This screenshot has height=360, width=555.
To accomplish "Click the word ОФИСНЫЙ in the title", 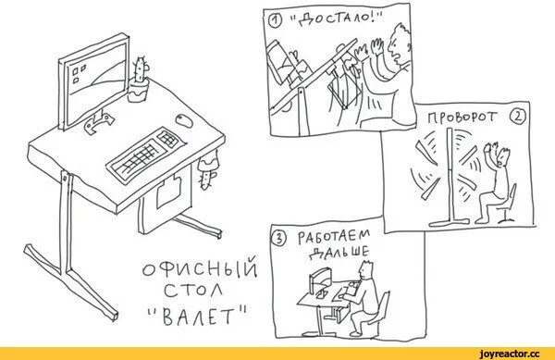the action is tap(200, 271).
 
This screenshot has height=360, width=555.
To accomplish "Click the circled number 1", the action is tap(276, 22).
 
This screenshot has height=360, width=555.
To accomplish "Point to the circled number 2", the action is tap(517, 117).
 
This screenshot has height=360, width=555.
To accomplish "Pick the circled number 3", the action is tap(279, 239).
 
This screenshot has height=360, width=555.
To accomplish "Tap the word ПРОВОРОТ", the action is tap(462, 118).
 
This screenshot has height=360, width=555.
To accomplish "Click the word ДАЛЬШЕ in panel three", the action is tap(339, 252).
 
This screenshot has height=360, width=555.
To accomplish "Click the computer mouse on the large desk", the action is tap(184, 120).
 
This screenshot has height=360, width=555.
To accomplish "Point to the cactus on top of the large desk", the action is tap(139, 80).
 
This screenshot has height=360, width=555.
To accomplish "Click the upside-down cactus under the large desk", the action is tap(207, 168).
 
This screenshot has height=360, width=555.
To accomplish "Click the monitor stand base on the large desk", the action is tap(99, 122).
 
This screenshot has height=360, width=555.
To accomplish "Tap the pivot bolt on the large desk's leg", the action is tap(65, 178).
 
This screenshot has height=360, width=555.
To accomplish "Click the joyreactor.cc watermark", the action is tap(509, 354).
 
